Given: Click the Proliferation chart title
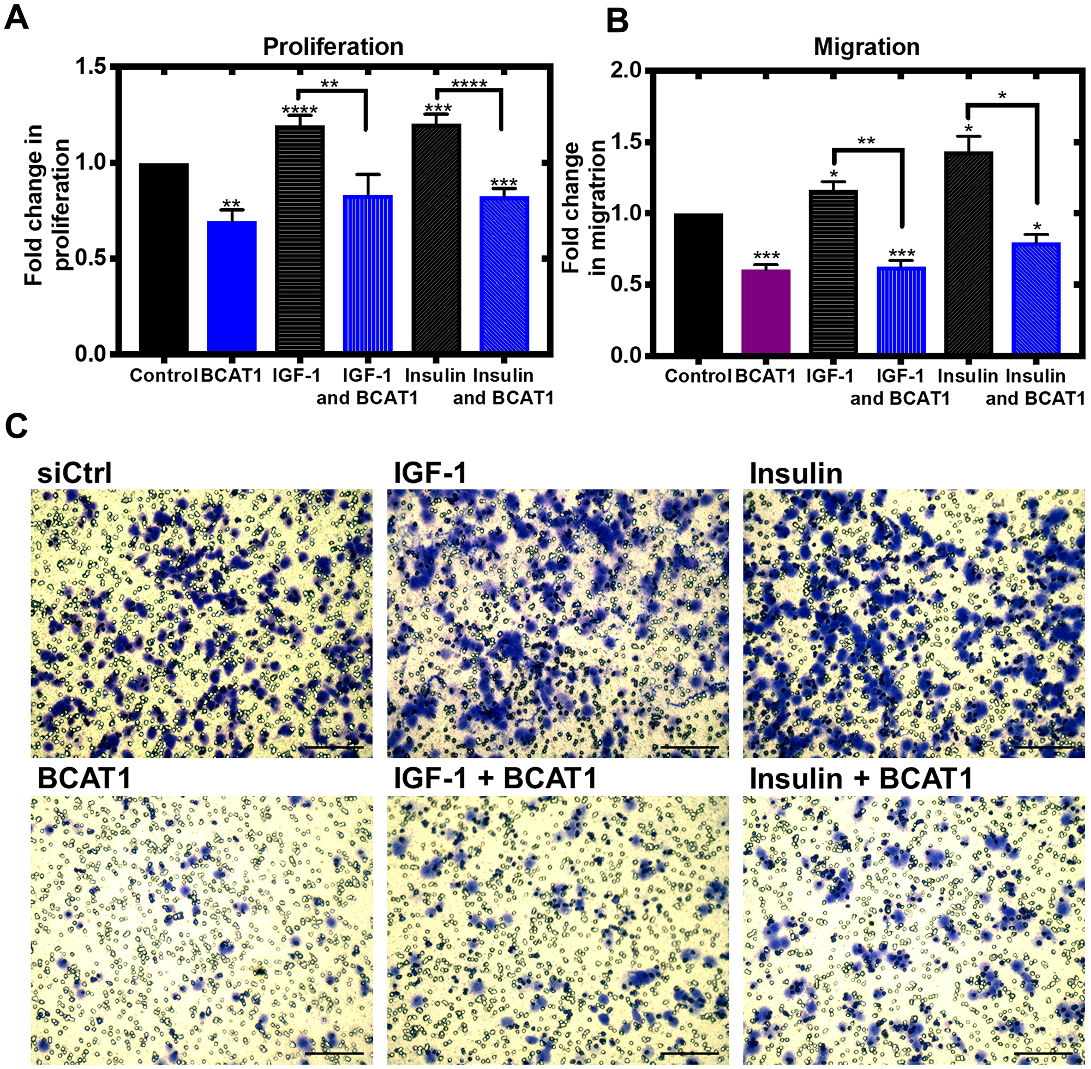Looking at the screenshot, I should (x=333, y=46).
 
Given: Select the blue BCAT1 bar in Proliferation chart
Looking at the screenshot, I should (x=231, y=286).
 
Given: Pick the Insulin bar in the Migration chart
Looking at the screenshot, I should (x=968, y=252).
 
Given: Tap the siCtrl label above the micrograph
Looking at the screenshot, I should (x=74, y=473).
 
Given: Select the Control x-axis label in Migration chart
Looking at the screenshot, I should (x=697, y=376).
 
